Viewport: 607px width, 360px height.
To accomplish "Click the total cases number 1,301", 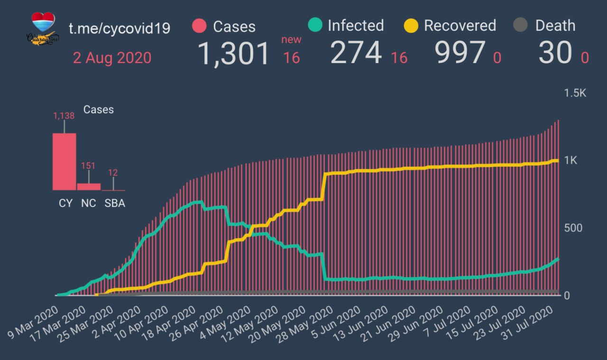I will (233, 53).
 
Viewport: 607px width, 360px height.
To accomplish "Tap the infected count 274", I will (356, 53).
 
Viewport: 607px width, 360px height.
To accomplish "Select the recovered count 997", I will (460, 53).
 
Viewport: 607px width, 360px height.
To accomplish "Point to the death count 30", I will (555, 53).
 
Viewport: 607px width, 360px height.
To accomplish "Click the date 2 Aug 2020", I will (112, 58).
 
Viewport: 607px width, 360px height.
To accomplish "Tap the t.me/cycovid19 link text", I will (120, 28).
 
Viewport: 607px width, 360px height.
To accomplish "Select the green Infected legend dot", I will (315, 25).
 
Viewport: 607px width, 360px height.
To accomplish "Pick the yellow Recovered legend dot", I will (411, 25).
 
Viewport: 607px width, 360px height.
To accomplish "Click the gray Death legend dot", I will (521, 26).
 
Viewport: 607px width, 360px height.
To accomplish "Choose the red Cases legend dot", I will (199, 26).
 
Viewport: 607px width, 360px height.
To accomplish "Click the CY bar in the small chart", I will (64, 162).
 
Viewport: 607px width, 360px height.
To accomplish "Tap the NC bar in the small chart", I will (89, 186).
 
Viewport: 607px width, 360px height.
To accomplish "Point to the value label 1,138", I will (64, 116).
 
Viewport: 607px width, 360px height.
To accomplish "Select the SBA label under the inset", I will (115, 203).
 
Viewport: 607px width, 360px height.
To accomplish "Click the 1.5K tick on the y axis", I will (575, 93).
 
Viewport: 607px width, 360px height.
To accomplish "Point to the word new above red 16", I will (291, 40).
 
